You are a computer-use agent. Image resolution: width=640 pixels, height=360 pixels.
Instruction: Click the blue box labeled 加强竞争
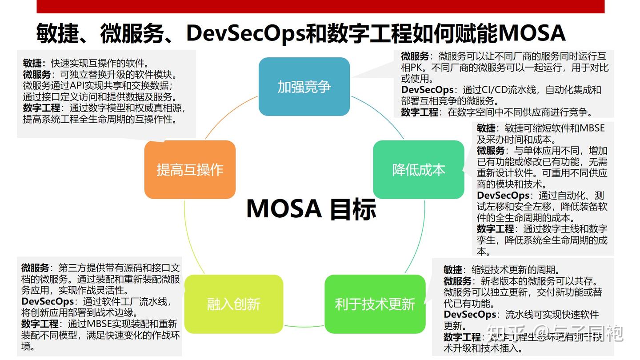click(x=304, y=87)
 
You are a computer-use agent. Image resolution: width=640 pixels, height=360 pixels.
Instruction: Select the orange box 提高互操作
click(x=190, y=170)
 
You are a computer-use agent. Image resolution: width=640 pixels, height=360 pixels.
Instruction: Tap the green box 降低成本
click(x=419, y=170)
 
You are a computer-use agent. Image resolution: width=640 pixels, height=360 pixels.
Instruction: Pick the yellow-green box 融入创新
click(x=234, y=304)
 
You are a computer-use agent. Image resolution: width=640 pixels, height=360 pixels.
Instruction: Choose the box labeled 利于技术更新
click(x=375, y=304)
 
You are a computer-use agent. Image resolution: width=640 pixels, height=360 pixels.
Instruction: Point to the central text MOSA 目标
click(x=311, y=209)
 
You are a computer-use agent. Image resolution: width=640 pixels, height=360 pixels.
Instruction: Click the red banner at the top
click(x=320, y=6)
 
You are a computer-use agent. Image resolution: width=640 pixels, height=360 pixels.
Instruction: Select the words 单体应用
click(x=549, y=151)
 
